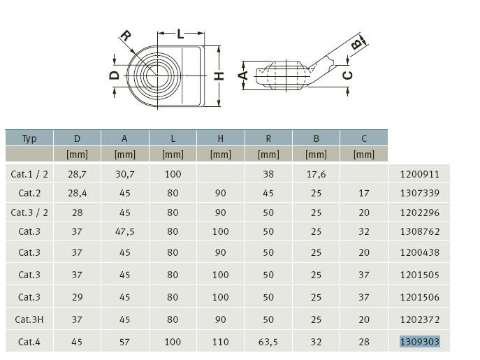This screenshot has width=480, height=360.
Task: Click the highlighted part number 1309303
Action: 420,341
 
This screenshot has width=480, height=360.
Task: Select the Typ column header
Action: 29,139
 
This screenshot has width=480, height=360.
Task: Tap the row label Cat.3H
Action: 29,319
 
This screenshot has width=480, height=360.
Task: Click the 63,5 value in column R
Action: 268,342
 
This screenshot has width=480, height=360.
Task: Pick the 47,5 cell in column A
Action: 125,231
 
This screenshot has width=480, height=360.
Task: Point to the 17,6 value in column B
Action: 317,174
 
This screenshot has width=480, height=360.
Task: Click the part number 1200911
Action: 420,174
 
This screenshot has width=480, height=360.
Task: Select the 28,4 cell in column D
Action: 77,193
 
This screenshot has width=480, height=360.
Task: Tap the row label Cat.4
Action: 29,342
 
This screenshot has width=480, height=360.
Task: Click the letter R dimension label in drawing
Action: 126,36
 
